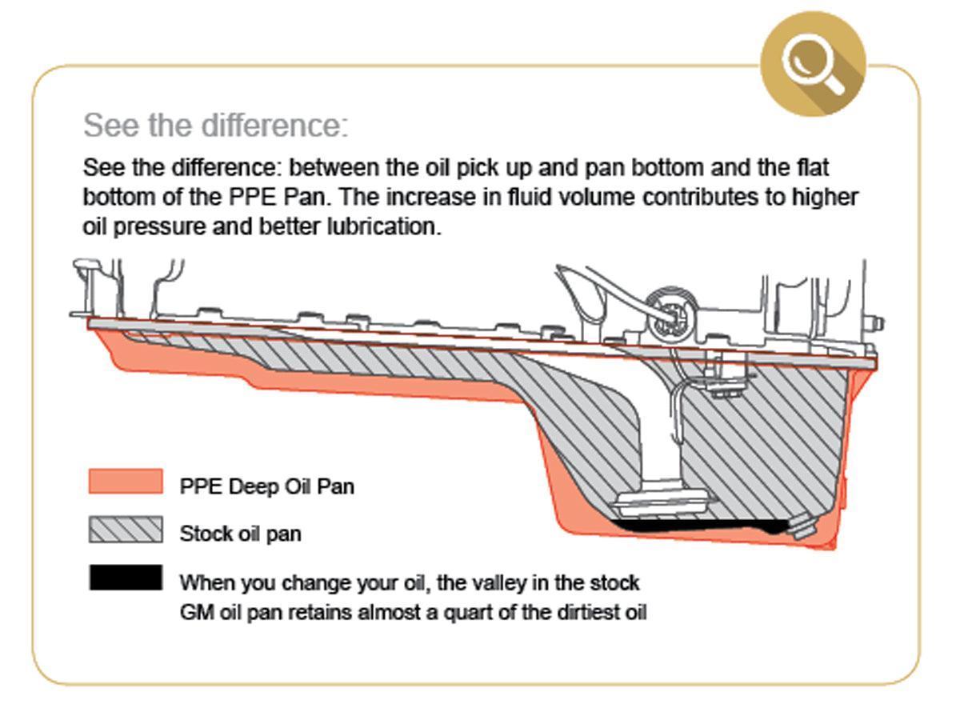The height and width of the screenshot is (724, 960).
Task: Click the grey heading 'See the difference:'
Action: (216, 126)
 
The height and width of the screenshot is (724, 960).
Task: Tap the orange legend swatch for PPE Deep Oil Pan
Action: (126, 482)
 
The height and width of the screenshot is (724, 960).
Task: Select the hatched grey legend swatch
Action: (126, 530)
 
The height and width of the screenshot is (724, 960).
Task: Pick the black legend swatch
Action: (126, 578)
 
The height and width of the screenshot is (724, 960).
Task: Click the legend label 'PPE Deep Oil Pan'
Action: (266, 486)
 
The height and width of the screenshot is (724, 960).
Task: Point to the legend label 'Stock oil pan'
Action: (240, 534)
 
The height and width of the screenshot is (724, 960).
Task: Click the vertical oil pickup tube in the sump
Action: (663, 432)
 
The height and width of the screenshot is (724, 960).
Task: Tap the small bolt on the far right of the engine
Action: (878, 323)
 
